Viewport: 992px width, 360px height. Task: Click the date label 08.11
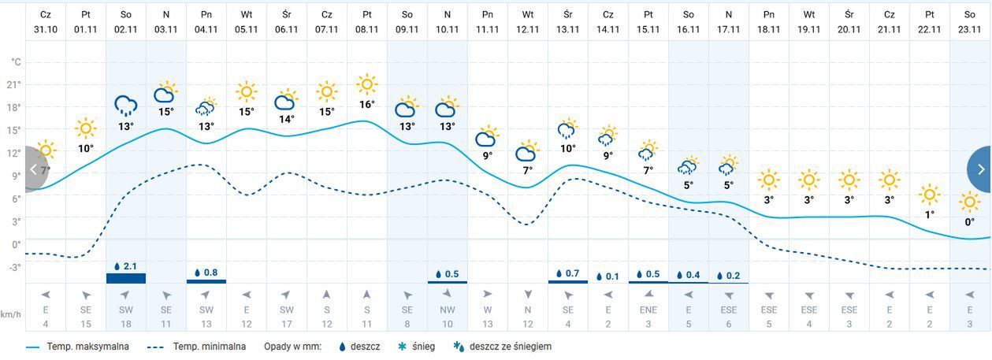tap(366, 29)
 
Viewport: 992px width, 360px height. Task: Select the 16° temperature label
tap(366, 104)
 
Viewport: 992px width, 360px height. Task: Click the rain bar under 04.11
tap(206, 280)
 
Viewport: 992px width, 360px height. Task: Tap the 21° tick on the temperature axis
tap(13, 84)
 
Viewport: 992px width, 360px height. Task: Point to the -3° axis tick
tap(13, 267)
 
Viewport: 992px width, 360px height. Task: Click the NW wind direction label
tap(447, 310)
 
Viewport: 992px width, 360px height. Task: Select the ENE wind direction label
tap(648, 310)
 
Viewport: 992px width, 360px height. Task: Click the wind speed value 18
tap(125, 324)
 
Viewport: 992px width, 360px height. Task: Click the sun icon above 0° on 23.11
tap(969, 203)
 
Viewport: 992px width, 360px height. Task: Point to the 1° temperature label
tap(930, 214)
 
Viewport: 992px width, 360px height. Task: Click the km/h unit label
tap(11, 312)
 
